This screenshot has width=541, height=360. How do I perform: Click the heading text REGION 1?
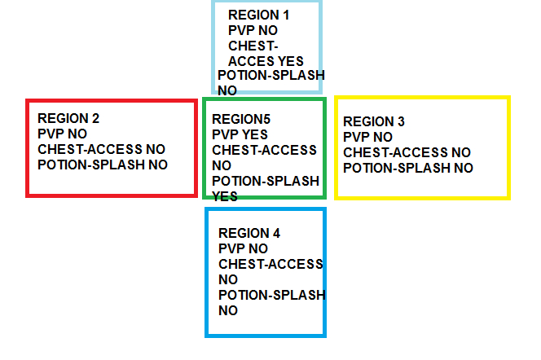pyautogui.click(x=258, y=15)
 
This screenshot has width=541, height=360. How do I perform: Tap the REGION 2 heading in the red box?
pyautogui.click(x=68, y=118)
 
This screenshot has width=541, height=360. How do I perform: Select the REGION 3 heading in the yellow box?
pyautogui.click(x=374, y=121)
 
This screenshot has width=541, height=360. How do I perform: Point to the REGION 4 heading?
pyautogui.click(x=249, y=233)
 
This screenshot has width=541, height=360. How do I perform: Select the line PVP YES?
pyautogui.click(x=240, y=134)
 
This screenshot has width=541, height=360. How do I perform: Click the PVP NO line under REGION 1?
pyautogui.click(x=253, y=30)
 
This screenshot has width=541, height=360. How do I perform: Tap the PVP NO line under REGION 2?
pyautogui.click(x=63, y=134)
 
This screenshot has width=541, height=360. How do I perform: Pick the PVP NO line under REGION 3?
pyautogui.click(x=367, y=137)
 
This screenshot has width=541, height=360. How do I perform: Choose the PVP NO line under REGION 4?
pyautogui.click(x=243, y=248)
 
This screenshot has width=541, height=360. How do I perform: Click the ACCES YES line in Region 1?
pyautogui.click(x=266, y=61)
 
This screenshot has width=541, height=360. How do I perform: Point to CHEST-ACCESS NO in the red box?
pyautogui.click(x=101, y=149)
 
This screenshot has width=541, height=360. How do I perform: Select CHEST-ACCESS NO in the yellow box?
pyautogui.click(x=407, y=152)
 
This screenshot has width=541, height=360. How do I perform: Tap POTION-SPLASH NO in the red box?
pyautogui.click(x=103, y=165)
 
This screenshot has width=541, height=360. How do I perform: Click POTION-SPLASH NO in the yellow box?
pyautogui.click(x=407, y=168)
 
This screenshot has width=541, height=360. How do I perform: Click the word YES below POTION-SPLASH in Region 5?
pyautogui.click(x=225, y=196)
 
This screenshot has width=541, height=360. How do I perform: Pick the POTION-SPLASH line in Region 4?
pyautogui.click(x=271, y=295)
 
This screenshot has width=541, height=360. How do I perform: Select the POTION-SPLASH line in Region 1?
pyautogui.click(x=270, y=76)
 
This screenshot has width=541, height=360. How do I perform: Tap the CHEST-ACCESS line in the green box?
pyautogui.click(x=264, y=150)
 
